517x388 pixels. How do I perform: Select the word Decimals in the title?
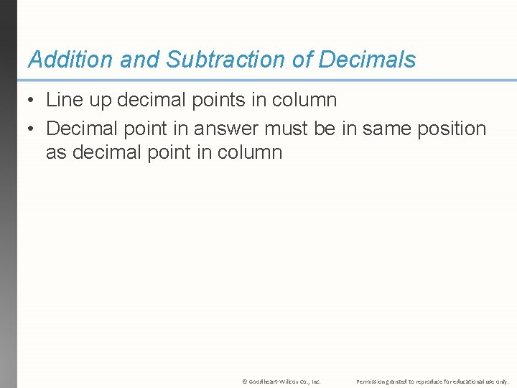[x=367, y=60]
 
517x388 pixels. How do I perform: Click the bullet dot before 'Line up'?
[x=32, y=101]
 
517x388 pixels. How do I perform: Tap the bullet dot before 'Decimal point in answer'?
[x=32, y=129]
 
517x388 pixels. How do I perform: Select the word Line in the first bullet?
[x=62, y=101]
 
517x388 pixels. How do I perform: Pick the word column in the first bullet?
[x=308, y=101]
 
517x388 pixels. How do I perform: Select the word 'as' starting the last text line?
[x=55, y=152]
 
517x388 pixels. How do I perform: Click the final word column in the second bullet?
[x=253, y=152]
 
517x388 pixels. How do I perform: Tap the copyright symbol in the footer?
[x=245, y=382]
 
